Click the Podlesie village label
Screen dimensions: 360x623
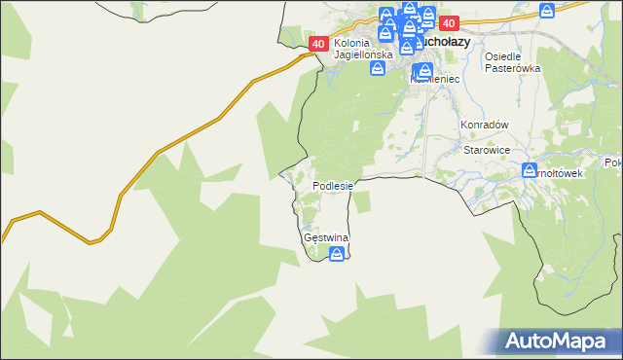click(x=338, y=185)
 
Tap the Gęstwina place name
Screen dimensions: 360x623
click(x=326, y=237)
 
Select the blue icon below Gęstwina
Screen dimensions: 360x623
click(x=337, y=255)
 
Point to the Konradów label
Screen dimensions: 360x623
click(x=485, y=126)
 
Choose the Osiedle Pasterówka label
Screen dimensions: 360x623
click(x=512, y=62)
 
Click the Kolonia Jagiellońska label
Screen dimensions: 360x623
click(x=362, y=49)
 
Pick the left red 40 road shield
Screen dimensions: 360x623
click(x=319, y=44)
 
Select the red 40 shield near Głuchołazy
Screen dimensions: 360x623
click(x=449, y=23)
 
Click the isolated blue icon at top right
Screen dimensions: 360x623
click(x=548, y=10)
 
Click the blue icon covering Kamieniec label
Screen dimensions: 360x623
click(x=424, y=71)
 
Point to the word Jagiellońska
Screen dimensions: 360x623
click(x=362, y=55)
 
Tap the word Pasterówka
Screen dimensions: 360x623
click(x=512, y=69)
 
